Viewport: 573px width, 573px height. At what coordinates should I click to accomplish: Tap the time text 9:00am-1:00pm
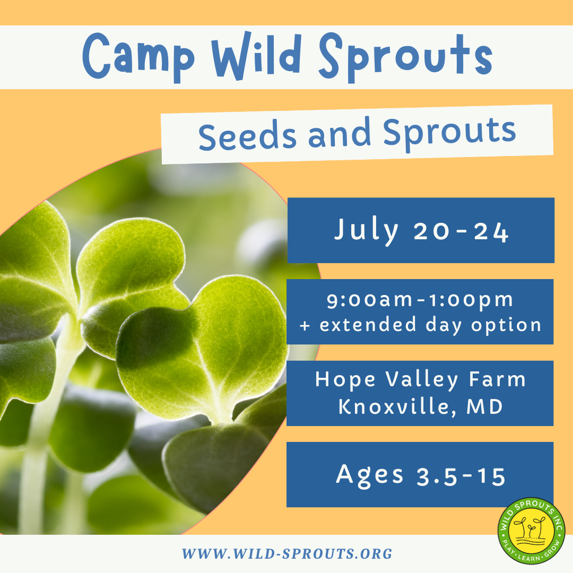420,300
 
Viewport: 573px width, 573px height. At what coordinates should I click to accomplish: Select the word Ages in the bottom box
370,475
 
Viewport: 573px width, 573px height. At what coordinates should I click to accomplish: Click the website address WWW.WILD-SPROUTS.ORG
287,554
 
